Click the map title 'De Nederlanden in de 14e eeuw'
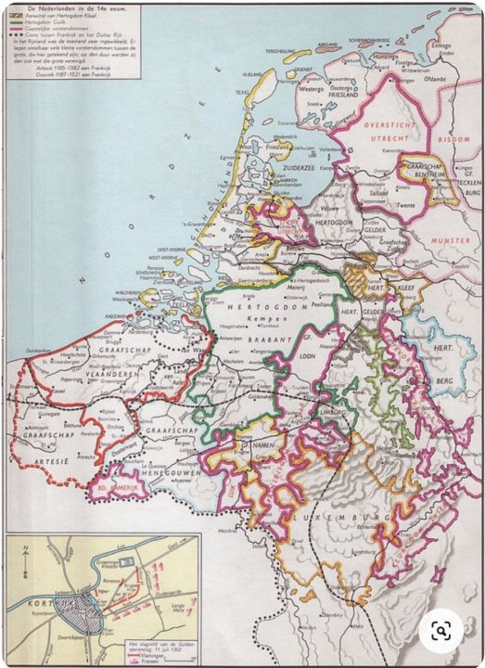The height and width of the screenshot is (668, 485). click(70, 8)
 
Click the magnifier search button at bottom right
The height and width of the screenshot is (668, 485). click(440, 632)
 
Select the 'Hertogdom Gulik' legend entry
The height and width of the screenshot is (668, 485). click(67, 22)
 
